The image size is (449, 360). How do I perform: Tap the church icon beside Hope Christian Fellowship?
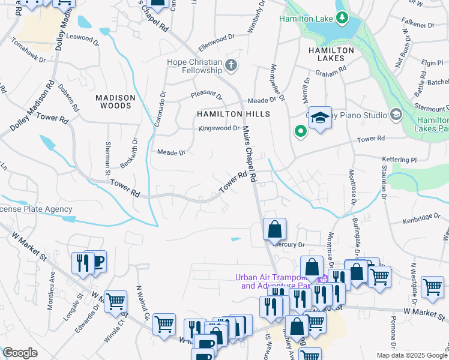(232, 65)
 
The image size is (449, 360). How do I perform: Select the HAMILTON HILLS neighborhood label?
(234, 113)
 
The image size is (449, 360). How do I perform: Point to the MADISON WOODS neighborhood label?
(113, 101)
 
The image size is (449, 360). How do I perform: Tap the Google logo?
(20, 353)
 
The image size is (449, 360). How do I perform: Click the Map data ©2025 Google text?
(412, 355)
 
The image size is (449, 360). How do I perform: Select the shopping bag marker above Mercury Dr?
(274, 229)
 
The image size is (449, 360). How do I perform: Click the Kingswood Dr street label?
(219, 128)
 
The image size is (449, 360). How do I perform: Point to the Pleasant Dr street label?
(206, 95)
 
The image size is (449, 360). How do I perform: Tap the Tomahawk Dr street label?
(28, 45)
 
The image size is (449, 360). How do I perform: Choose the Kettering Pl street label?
(399, 160)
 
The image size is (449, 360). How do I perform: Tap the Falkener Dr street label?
(419, 25)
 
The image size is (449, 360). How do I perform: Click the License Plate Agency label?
(36, 209)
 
